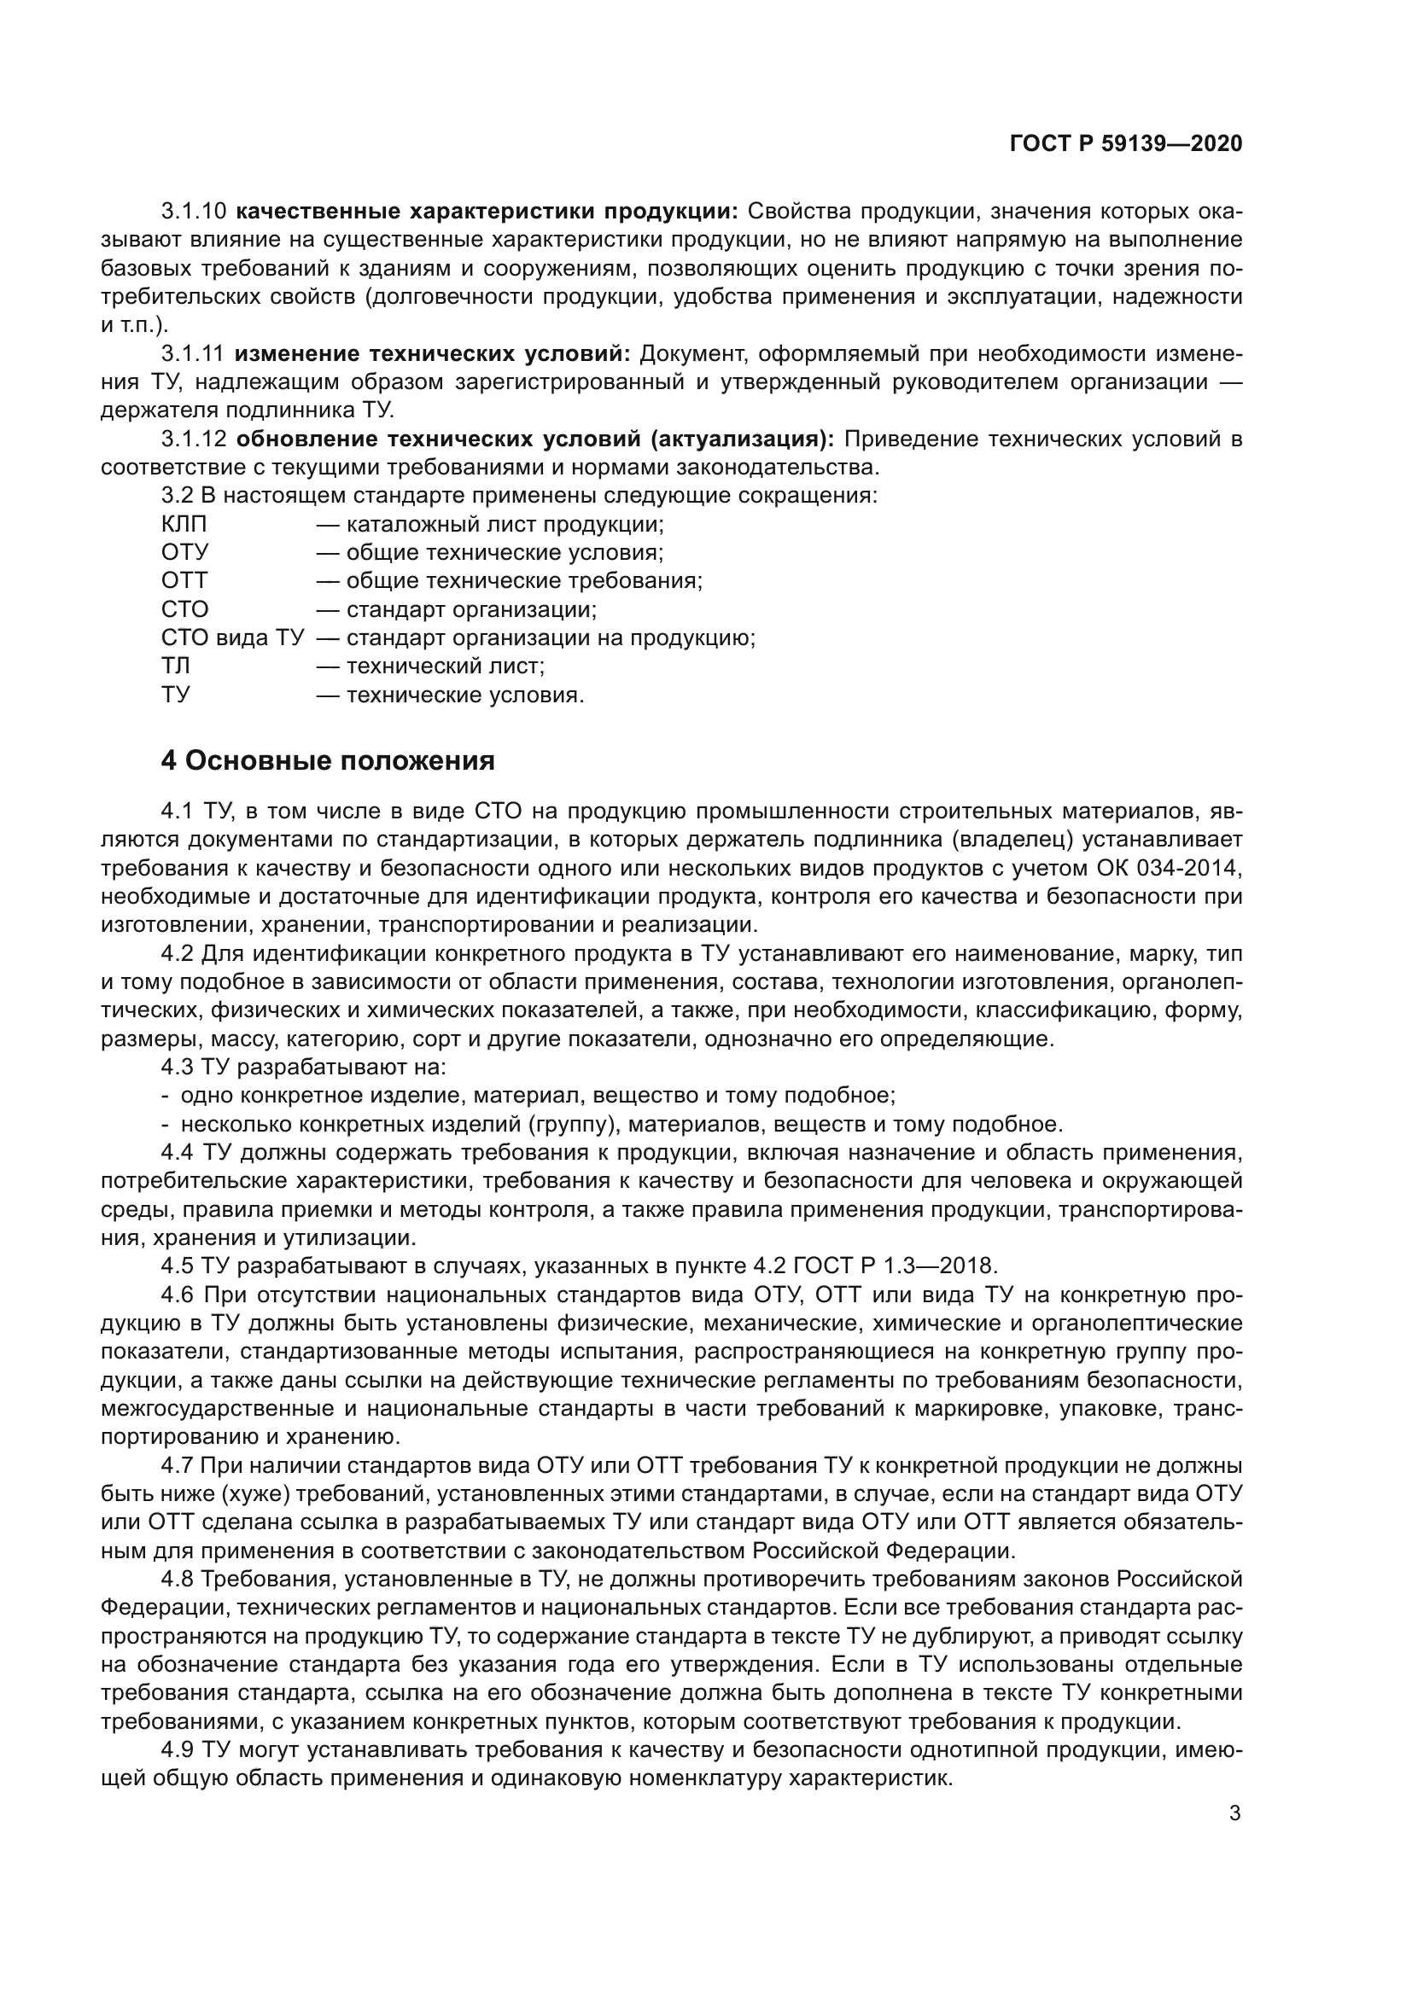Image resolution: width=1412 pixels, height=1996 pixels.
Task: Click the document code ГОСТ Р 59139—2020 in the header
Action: pyautogui.click(x=1126, y=144)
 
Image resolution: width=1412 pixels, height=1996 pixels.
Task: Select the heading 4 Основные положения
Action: pyautogui.click(x=328, y=760)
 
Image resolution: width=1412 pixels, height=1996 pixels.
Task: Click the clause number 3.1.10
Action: pyautogui.click(x=193, y=212)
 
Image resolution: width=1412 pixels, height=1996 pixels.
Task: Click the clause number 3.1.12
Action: pyautogui.click(x=193, y=439)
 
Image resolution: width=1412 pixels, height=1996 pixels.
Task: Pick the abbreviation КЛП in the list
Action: pyautogui.click(x=184, y=525)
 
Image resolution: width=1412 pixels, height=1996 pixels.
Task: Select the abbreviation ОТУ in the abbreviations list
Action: pyautogui.click(x=184, y=553)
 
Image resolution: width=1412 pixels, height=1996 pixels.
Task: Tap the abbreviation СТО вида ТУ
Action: pyautogui.click(x=232, y=638)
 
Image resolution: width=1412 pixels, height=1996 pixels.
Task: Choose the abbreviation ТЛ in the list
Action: pyautogui.click(x=176, y=666)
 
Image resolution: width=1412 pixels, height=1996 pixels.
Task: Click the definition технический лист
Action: pyautogui.click(x=445, y=666)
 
